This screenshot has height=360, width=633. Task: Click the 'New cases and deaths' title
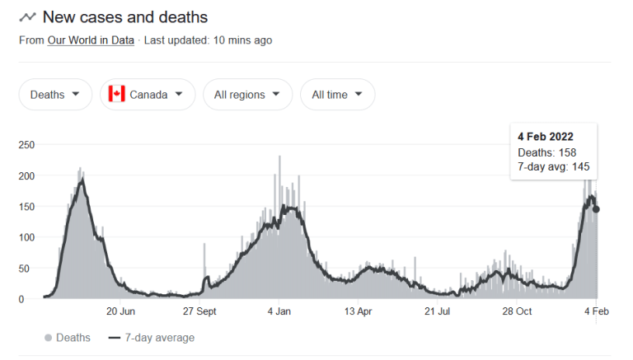click(x=124, y=17)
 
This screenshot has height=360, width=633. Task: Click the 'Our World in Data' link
click(x=91, y=40)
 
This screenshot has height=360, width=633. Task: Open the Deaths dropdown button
click(x=55, y=95)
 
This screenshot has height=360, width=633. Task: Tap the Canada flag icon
click(x=117, y=95)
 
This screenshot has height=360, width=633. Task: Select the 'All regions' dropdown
click(x=247, y=95)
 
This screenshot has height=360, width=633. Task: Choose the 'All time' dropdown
click(x=337, y=95)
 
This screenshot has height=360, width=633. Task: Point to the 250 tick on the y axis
click(x=27, y=145)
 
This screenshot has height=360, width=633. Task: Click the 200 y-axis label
click(x=27, y=176)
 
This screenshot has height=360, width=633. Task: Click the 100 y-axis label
click(x=27, y=238)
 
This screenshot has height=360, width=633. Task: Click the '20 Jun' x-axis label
click(x=121, y=312)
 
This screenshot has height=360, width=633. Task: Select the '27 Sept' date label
click(x=199, y=312)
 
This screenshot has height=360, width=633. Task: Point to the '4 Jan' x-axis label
click(x=279, y=312)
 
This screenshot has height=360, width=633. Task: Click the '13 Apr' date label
click(x=359, y=312)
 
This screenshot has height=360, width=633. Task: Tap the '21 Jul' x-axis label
click(x=438, y=312)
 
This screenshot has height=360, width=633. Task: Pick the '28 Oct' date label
click(x=518, y=312)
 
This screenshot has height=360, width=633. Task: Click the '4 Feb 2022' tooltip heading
click(x=546, y=137)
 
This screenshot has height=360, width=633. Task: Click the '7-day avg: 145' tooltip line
click(x=553, y=167)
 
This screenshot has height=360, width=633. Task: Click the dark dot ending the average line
click(x=596, y=209)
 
